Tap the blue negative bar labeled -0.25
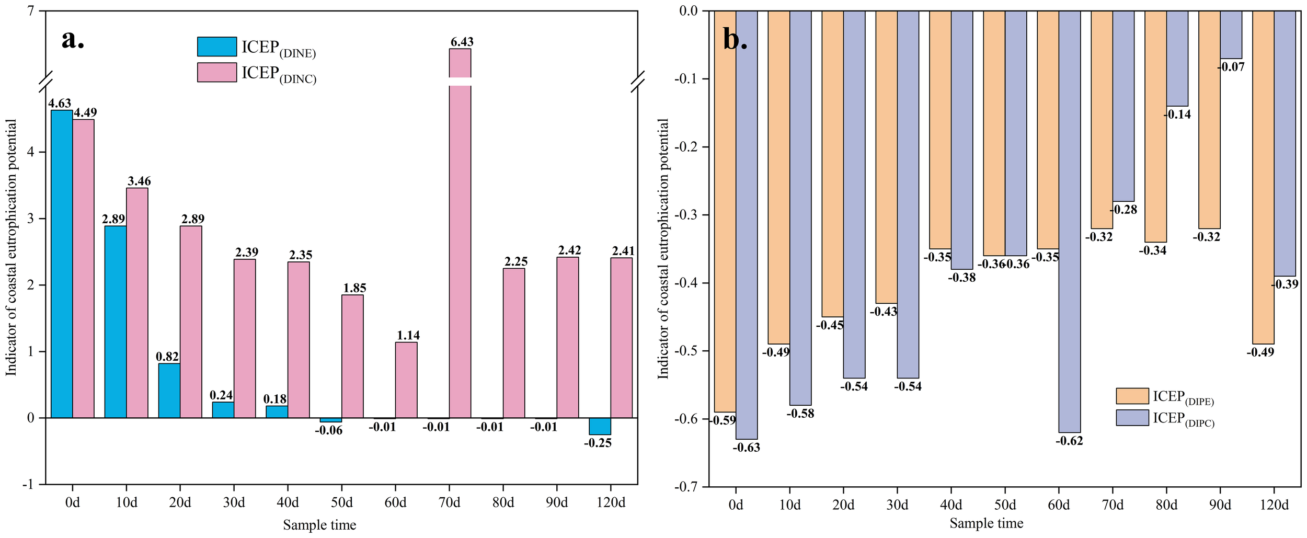point(600,426)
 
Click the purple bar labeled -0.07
point(1231,35)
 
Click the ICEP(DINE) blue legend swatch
point(217,47)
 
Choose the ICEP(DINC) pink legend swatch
point(217,73)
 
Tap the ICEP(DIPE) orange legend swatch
point(1132,396)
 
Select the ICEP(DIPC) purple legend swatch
point(1132,417)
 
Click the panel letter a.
point(73,39)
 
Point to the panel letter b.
point(735,39)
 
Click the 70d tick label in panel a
point(449,502)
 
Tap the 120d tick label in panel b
point(1274,505)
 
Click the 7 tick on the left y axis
point(31,10)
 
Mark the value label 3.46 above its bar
point(139,181)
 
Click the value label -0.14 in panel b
point(1178,115)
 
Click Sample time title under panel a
point(319,525)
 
